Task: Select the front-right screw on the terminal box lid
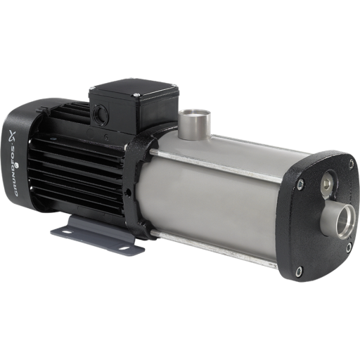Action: click(x=136, y=95)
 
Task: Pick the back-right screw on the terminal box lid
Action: click(x=174, y=85)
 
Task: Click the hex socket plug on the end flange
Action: click(x=327, y=183)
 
